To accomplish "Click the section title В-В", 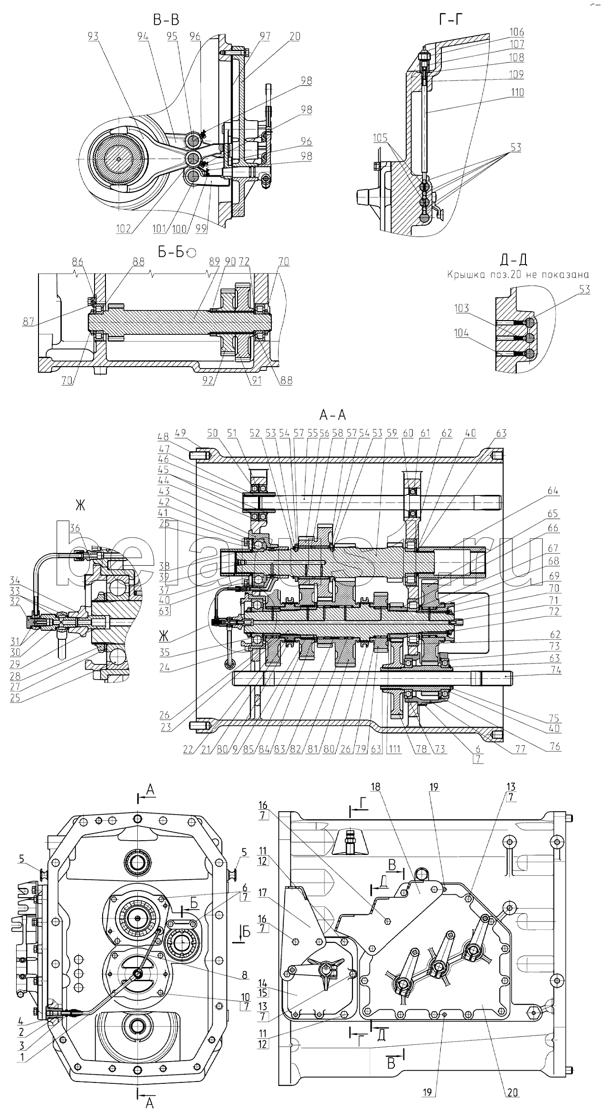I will click(166, 19).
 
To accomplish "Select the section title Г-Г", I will click(450, 19).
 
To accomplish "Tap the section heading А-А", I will click(333, 415).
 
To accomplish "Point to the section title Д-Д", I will click(515, 259).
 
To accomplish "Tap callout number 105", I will click(381, 138).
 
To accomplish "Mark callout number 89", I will click(214, 261).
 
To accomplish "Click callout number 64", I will click(553, 491).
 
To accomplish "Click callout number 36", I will click(76, 528).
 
